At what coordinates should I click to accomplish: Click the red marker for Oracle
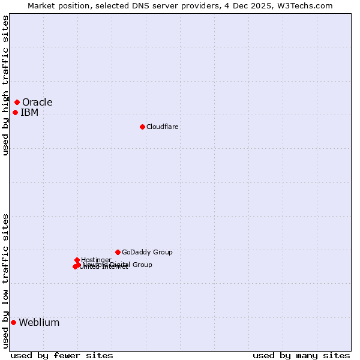[17, 102]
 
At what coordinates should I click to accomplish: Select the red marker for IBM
[15, 112]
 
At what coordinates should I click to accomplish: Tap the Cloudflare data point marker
[142, 127]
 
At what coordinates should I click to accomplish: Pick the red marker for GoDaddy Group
[118, 252]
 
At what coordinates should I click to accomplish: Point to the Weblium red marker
[13, 322]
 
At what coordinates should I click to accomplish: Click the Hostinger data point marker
[77, 260]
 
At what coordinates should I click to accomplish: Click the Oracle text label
[37, 102]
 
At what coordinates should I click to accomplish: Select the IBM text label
[29, 112]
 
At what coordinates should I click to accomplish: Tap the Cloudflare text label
[162, 127]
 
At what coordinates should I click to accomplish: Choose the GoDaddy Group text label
[147, 252]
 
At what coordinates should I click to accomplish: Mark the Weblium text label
[39, 322]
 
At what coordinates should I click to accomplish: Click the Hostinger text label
[96, 260]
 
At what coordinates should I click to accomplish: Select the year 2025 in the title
[264, 5]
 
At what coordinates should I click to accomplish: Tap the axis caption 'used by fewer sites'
[62, 355]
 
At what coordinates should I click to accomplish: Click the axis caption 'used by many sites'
[301, 355]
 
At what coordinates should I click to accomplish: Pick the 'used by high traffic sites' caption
[5, 85]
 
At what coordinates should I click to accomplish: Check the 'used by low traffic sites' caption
[5, 280]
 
